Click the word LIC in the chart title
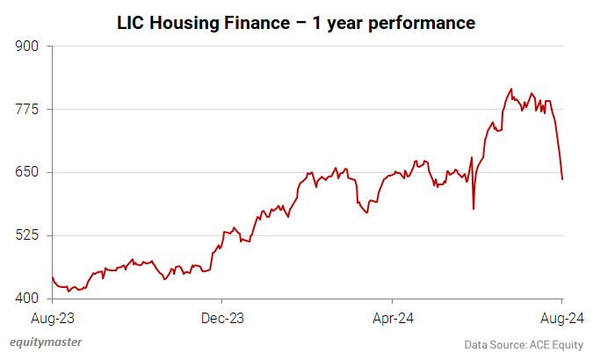tap(131, 24)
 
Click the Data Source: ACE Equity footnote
tap(523, 344)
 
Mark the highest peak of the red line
tap(510, 89)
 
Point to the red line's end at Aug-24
tap(562, 179)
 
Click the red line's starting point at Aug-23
tap(53, 277)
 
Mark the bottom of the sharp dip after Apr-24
tap(474, 209)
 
